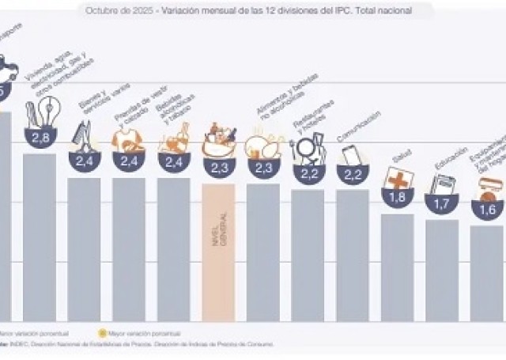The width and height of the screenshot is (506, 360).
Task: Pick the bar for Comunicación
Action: point(353,253)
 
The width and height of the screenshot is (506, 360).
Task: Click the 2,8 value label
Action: point(40,138)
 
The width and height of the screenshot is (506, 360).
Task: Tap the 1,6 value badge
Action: point(487,210)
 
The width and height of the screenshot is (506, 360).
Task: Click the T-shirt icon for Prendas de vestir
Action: point(126,141)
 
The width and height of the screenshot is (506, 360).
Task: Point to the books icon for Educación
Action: point(441,185)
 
